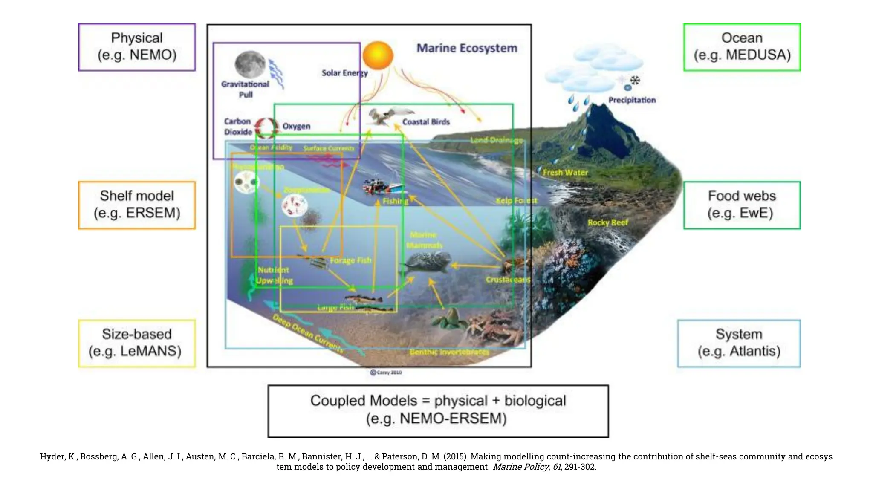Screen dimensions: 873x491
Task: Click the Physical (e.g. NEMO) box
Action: click(x=137, y=47)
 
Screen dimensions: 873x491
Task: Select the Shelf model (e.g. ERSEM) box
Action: click(x=137, y=205)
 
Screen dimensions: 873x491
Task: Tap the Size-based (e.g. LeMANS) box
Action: click(x=137, y=343)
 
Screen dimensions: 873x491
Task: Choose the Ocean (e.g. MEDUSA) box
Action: click(x=742, y=47)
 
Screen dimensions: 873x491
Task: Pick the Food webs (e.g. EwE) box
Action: click(x=742, y=205)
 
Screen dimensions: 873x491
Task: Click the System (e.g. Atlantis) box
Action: click(x=739, y=343)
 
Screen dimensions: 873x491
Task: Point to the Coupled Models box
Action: click(x=438, y=411)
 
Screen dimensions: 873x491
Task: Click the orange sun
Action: click(x=378, y=55)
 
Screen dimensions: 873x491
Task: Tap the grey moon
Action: click(x=250, y=64)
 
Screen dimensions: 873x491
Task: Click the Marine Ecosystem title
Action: click(x=467, y=48)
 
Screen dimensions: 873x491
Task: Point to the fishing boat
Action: click(x=382, y=187)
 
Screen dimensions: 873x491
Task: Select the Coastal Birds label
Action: click(x=426, y=122)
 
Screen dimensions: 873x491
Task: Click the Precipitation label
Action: click(x=632, y=100)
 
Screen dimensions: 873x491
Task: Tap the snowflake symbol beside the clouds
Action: click(x=635, y=80)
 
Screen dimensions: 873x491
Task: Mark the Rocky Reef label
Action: click(x=607, y=222)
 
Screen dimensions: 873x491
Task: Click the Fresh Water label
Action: click(x=565, y=173)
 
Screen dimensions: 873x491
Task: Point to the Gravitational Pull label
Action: click(x=245, y=89)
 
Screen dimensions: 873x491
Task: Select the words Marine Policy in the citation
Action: click(x=520, y=467)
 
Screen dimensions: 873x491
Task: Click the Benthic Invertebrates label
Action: click(x=449, y=352)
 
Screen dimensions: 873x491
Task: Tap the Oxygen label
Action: click(x=296, y=127)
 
